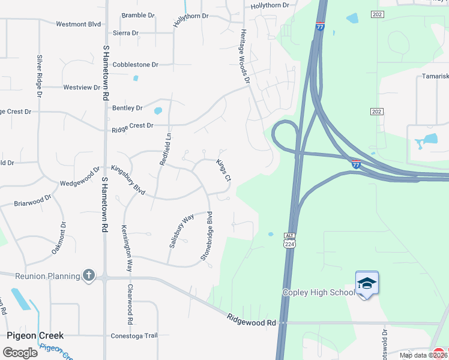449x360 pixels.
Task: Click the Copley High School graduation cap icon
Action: tap(367, 282)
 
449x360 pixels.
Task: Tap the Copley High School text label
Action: tap(319, 292)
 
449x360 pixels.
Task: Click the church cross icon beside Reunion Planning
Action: tap(89, 275)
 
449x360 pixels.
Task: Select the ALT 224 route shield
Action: tap(289, 241)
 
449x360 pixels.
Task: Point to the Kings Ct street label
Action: tap(224, 170)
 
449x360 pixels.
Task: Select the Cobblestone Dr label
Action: tap(136, 64)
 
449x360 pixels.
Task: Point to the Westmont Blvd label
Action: tap(78, 25)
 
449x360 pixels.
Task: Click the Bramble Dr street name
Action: tap(138, 15)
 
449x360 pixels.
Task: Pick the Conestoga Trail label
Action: tap(133, 335)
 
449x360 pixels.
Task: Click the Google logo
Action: tap(20, 352)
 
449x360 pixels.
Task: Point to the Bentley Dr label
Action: tap(127, 108)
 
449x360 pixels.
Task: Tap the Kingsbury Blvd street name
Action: tap(128, 179)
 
